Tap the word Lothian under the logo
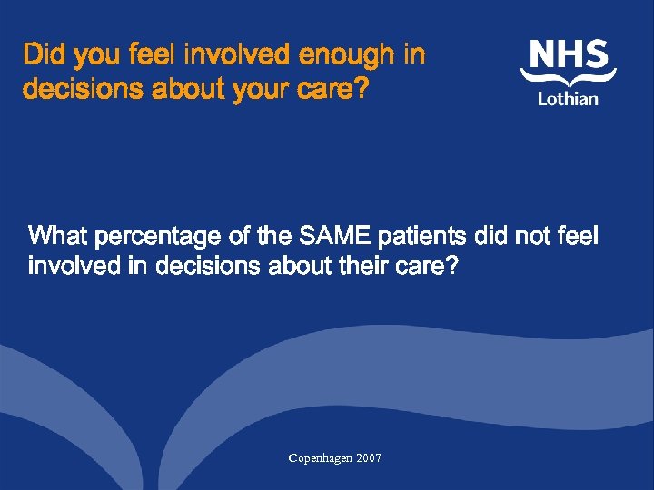(x=568, y=98)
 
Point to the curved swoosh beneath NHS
(x=568, y=81)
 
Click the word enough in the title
(x=347, y=56)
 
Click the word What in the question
(x=58, y=238)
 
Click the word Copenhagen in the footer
(x=322, y=458)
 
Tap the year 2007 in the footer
(x=369, y=458)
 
